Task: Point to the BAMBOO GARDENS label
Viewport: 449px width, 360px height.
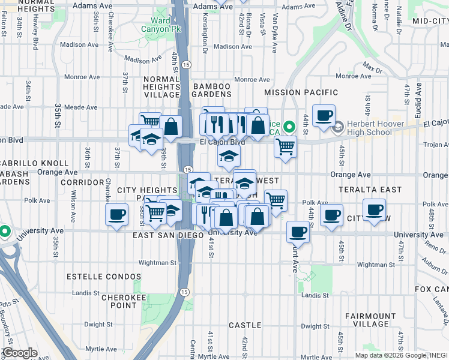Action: pos(212,91)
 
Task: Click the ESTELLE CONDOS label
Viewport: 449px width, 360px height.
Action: pos(104,277)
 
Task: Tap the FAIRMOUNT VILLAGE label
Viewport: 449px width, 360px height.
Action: pos(370,320)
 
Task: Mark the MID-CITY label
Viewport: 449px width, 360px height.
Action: pos(430,20)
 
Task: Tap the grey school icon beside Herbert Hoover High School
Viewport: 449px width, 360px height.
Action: pos(337,127)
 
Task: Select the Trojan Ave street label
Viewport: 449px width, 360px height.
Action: pos(436,145)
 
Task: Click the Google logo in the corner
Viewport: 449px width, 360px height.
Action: pos(19,353)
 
